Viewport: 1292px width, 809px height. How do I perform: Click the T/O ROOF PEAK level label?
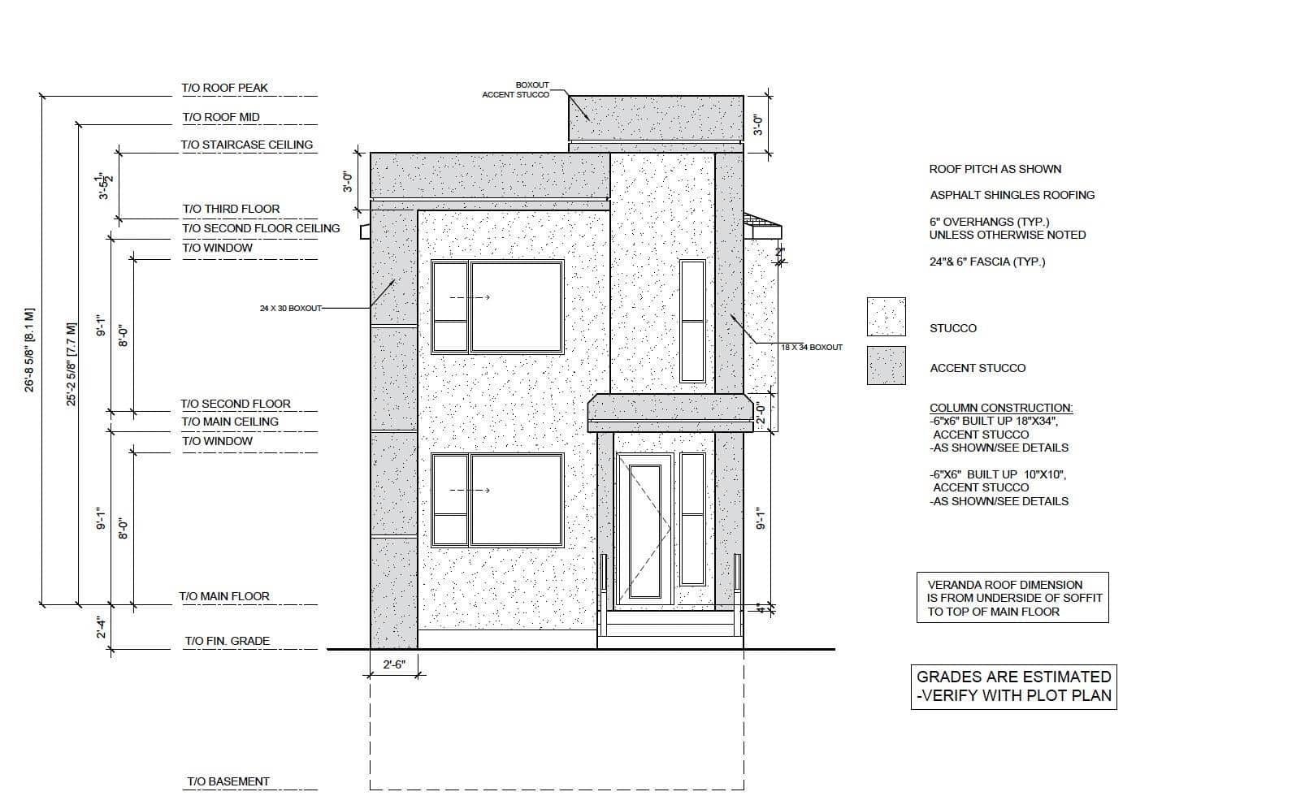click(x=224, y=88)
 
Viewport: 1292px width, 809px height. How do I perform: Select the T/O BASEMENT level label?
click(x=228, y=781)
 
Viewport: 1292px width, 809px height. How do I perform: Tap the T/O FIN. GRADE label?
click(x=228, y=641)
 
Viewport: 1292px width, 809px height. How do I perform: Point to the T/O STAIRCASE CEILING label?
click(x=247, y=145)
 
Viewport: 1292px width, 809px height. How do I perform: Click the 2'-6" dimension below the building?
click(x=395, y=664)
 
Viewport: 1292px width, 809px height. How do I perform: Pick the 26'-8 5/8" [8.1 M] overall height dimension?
click(x=29, y=350)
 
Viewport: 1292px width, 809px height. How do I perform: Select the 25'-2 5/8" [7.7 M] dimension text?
click(x=71, y=365)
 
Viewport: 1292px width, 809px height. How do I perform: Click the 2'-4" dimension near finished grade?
click(x=102, y=627)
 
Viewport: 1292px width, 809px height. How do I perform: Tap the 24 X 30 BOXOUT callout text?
click(x=291, y=309)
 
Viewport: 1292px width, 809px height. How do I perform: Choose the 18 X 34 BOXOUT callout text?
click(x=812, y=347)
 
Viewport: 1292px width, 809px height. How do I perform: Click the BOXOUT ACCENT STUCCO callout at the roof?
click(x=516, y=90)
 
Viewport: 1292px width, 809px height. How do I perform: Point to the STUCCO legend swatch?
click(x=886, y=317)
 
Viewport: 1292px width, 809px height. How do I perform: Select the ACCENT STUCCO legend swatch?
click(x=886, y=366)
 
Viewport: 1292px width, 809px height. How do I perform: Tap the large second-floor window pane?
click(x=517, y=307)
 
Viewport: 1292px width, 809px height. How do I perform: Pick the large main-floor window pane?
click(x=517, y=500)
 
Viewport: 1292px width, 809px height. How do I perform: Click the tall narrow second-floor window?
click(x=692, y=321)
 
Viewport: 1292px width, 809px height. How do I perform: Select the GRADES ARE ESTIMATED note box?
click(x=1014, y=686)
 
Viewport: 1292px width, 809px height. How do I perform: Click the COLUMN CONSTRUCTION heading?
click(x=1001, y=408)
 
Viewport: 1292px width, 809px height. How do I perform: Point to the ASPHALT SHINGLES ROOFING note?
click(x=1012, y=195)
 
